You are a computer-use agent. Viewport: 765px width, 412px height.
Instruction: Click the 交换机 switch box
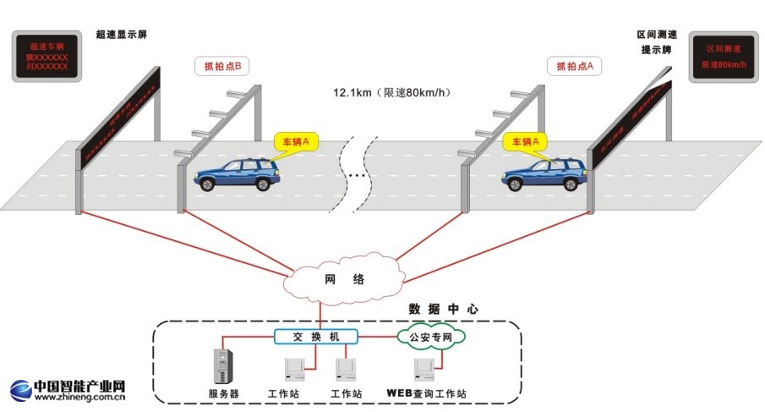[314, 337]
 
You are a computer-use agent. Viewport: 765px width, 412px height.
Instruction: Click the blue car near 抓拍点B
[238, 175]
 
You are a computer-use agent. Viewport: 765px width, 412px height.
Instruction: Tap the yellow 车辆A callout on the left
[295, 141]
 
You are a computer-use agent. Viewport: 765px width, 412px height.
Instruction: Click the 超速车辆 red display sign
[47, 56]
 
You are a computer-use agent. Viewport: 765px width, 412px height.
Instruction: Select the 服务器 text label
[223, 394]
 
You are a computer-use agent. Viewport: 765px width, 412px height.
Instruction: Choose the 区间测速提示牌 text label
[657, 42]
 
